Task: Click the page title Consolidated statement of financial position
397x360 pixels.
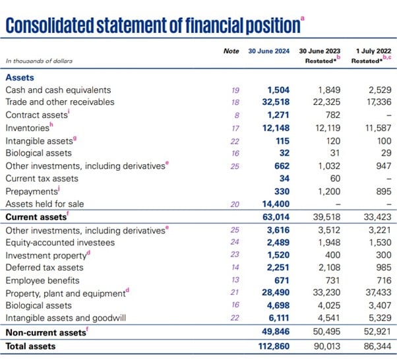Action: pos(152,25)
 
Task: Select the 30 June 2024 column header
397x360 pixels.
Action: pos(269,51)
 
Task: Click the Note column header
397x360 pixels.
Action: pos(231,51)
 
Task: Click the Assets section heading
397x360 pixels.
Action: pos(20,77)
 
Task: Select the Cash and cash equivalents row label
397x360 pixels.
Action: pos(58,90)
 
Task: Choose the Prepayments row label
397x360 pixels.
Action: pos(31,191)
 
